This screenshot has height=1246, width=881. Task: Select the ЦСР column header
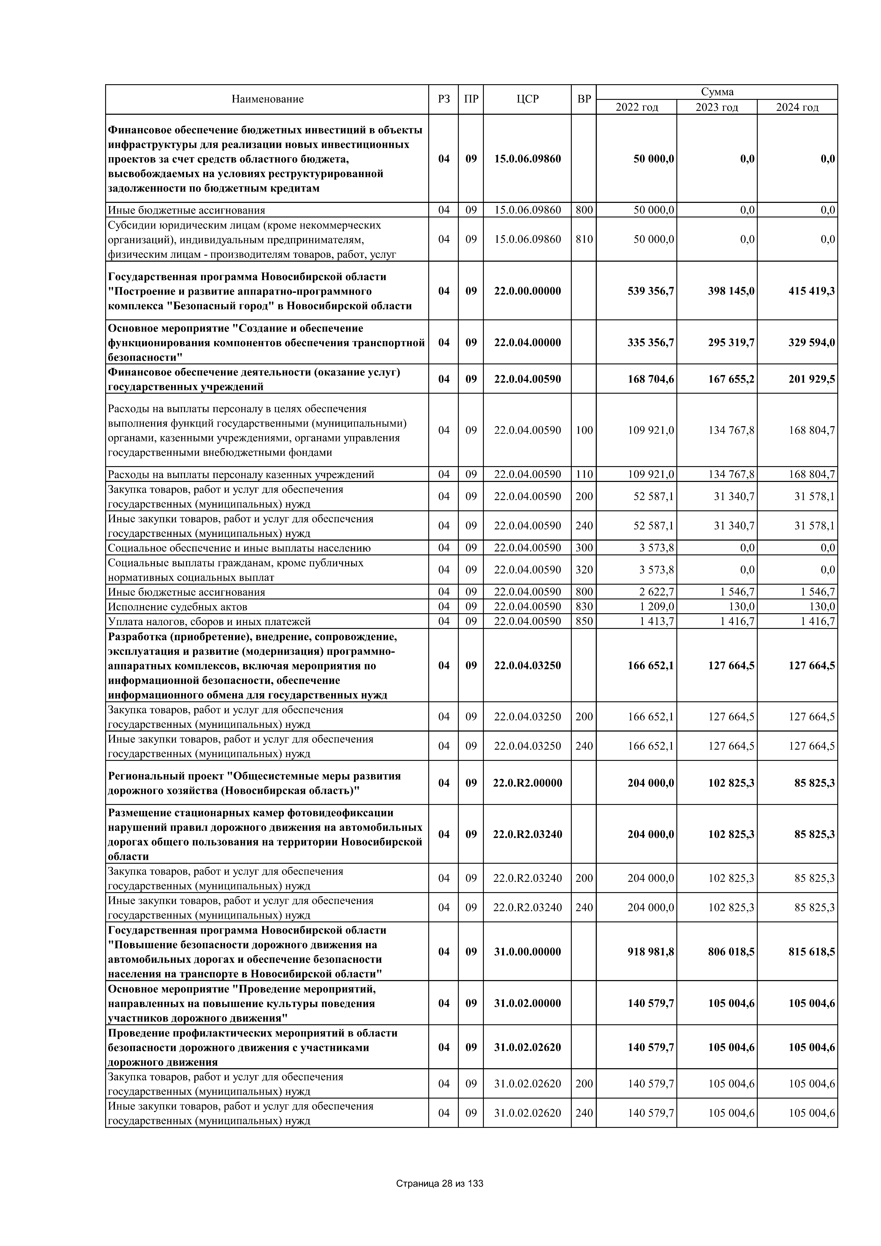(x=527, y=99)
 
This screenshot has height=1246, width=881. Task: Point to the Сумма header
(x=717, y=92)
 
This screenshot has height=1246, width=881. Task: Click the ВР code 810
(x=584, y=239)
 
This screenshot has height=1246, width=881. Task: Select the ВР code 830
(x=584, y=607)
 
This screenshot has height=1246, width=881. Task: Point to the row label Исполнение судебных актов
(x=177, y=607)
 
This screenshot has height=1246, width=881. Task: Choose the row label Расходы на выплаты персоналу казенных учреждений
(x=241, y=475)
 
